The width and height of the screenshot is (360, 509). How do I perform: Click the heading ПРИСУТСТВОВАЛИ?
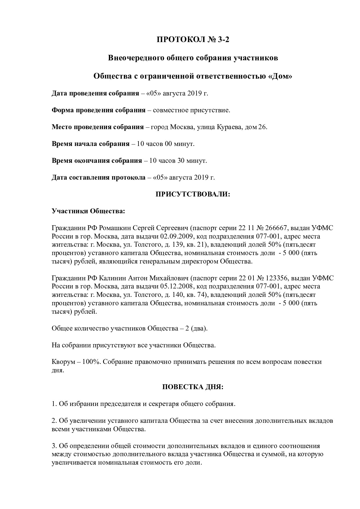(x=193, y=194)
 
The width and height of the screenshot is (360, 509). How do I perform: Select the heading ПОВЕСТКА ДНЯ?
(x=193, y=387)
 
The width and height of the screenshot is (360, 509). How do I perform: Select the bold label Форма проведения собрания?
(x=98, y=111)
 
